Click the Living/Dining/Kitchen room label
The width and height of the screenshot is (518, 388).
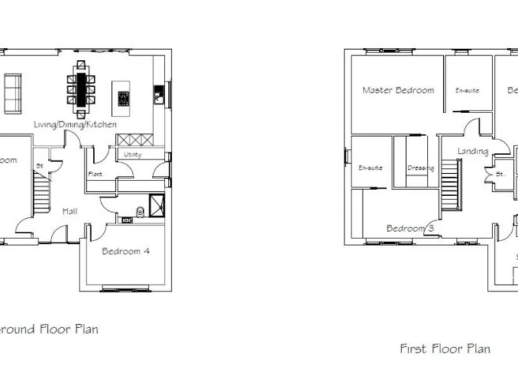[76, 125]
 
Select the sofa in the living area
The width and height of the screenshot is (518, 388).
[13, 93]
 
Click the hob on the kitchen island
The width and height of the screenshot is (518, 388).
[123, 99]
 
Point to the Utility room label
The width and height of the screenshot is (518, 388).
[132, 155]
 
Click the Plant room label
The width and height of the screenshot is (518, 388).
[94, 174]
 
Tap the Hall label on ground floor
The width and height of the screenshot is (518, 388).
[69, 211]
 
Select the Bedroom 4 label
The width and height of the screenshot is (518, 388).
[125, 251]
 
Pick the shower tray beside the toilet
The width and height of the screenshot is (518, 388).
[156, 204]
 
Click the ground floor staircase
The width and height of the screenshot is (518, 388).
[42, 184]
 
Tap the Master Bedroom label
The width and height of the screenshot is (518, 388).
[398, 90]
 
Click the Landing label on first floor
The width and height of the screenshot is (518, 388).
[472, 151]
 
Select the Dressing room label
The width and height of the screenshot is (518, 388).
[420, 168]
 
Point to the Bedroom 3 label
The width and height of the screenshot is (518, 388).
[409, 228]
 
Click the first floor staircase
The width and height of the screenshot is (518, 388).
[450, 188]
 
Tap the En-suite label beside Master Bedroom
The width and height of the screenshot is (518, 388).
[467, 90]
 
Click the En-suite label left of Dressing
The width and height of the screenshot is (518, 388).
[370, 168]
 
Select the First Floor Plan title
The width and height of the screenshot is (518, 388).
[444, 349]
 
